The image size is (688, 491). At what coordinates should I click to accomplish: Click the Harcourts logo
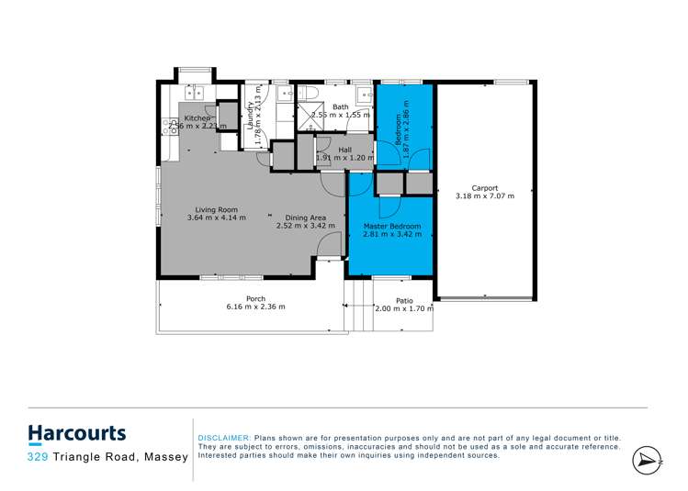[x=77, y=433]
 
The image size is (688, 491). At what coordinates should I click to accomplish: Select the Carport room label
[x=485, y=187]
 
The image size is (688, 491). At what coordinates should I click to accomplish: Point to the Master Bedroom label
[x=392, y=226]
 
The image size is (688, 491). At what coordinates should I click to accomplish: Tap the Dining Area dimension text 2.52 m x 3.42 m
[x=307, y=226]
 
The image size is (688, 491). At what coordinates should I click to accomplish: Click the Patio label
[x=404, y=301]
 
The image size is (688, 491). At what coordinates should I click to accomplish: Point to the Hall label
[x=344, y=150]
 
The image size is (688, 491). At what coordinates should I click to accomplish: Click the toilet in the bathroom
[x=308, y=94]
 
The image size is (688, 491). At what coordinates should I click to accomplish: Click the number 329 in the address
[x=39, y=456]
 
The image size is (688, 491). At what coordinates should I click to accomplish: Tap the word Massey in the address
[x=166, y=456]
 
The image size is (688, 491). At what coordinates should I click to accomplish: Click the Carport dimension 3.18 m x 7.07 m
[x=485, y=195]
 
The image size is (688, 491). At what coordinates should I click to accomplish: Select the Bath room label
[x=340, y=107]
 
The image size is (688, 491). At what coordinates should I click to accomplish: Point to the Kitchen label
[x=198, y=118]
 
